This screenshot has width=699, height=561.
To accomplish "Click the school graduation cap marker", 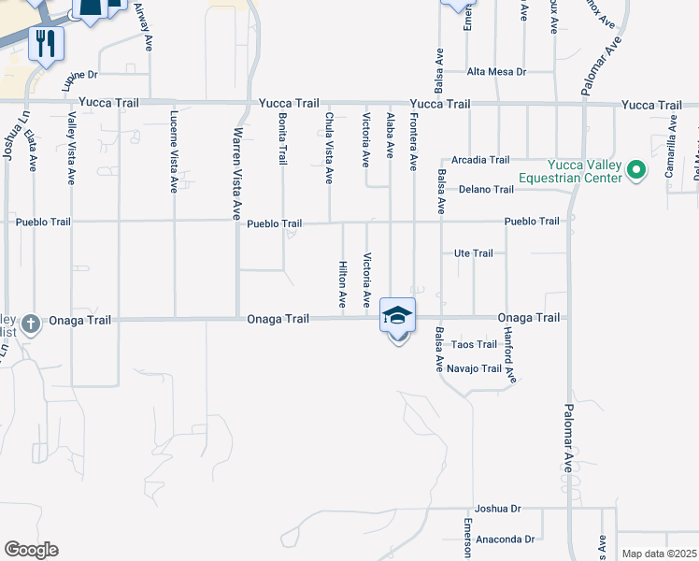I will [397, 316].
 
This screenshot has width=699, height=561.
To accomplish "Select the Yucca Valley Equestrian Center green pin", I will [636, 169].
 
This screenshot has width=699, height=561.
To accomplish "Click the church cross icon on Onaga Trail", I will [30, 324].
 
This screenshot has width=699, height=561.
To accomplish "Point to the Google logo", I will [31, 550].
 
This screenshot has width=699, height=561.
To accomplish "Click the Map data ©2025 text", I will [659, 554].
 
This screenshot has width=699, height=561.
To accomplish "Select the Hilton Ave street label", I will [342, 285].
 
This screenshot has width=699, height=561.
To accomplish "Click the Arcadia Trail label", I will [480, 160].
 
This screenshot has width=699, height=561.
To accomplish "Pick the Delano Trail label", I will [486, 190].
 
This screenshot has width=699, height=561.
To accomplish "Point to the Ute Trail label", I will [473, 253].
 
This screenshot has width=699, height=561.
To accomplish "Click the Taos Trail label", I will [474, 344].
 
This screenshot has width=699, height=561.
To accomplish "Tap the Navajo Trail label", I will [474, 368].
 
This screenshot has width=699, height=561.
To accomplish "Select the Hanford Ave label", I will [509, 355].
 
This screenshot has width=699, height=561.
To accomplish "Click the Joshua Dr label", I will [497, 509].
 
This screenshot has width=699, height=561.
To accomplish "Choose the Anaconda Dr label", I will [505, 539].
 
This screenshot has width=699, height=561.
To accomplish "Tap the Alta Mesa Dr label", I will [497, 72].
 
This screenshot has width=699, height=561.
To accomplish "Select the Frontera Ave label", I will [413, 141].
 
